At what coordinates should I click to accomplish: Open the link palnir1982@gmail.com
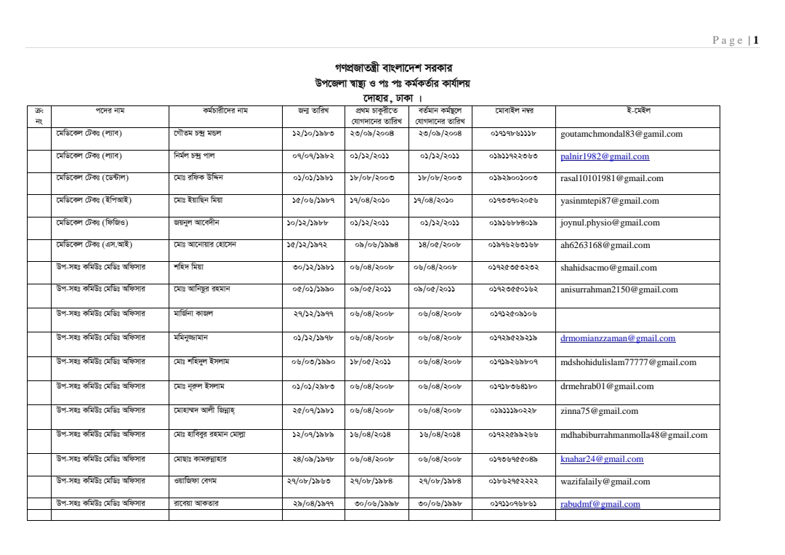(605, 156)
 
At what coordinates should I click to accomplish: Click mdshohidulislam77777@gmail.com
(628, 362)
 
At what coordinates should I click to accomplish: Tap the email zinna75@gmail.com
(599, 411)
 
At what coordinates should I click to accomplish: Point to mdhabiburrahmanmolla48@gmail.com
(634, 436)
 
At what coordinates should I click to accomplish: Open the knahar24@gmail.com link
(602, 459)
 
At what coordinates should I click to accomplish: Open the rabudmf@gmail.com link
(600, 504)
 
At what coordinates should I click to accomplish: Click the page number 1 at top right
(757, 41)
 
